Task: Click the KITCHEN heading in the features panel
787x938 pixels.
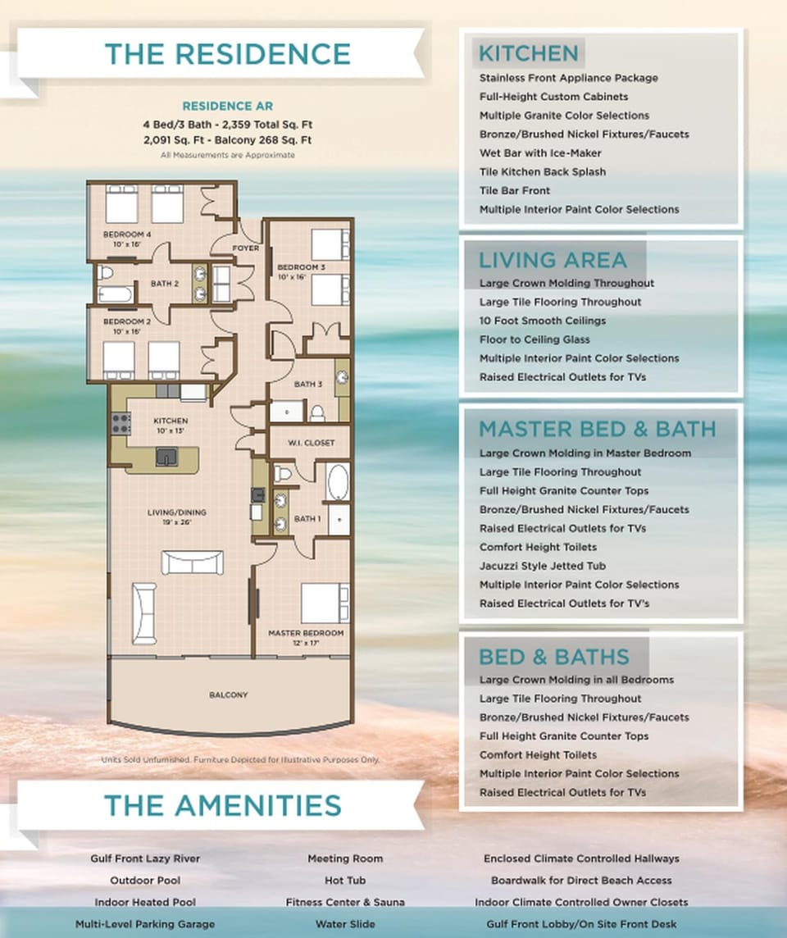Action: pyautogui.click(x=528, y=54)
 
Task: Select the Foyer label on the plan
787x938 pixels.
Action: pyautogui.click(x=246, y=248)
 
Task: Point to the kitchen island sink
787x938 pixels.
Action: pyautogui.click(x=166, y=457)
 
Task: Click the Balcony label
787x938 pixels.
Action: pyautogui.click(x=228, y=695)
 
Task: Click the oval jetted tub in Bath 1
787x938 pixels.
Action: pyautogui.click(x=338, y=482)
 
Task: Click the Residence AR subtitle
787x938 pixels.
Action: pyautogui.click(x=227, y=107)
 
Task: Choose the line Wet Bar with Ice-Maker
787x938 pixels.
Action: pyautogui.click(x=540, y=153)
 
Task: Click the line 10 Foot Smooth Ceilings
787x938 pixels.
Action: pyautogui.click(x=543, y=321)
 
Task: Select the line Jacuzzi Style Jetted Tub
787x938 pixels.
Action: pyautogui.click(x=543, y=566)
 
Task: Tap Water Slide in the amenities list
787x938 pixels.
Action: pyautogui.click(x=345, y=924)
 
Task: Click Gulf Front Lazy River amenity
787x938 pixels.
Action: pyautogui.click(x=145, y=858)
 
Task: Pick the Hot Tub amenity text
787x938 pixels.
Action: pyautogui.click(x=345, y=881)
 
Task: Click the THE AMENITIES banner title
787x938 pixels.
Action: pyautogui.click(x=222, y=805)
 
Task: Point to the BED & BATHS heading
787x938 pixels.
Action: pyautogui.click(x=553, y=657)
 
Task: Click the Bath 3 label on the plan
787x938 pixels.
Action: pyautogui.click(x=307, y=384)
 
